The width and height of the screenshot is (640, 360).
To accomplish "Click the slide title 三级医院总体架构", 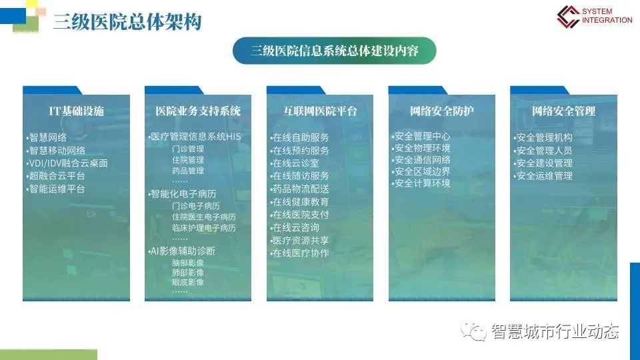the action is (127, 22).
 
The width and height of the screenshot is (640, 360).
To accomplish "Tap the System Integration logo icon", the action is (568, 16).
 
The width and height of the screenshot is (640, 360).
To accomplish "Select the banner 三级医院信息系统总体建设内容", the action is (334, 51).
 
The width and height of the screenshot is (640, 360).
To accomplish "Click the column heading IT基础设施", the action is (76, 111).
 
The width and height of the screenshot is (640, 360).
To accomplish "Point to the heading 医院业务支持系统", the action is (198, 111).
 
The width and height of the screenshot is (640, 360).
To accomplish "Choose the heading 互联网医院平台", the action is (320, 111).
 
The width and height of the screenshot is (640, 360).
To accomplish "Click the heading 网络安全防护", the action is (441, 111).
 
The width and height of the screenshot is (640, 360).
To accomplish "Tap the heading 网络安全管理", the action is (564, 111).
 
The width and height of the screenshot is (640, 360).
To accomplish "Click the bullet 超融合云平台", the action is (55, 176).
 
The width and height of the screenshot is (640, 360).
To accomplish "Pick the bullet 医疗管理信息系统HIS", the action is (195, 137).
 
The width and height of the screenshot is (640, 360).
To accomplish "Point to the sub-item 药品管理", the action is (188, 171).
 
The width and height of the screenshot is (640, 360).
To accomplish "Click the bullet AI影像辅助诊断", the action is (181, 251).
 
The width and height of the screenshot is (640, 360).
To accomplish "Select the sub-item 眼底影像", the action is (188, 282).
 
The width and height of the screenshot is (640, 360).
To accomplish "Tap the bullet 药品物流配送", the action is (299, 189).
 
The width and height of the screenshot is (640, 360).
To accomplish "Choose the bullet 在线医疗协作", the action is (299, 253).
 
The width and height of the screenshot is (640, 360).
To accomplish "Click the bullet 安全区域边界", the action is (421, 171).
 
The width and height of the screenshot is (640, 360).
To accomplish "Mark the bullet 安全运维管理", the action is (543, 176).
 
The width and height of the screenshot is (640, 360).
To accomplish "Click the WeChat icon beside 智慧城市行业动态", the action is (473, 331).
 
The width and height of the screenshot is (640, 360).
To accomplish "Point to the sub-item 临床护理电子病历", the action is (204, 228).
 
